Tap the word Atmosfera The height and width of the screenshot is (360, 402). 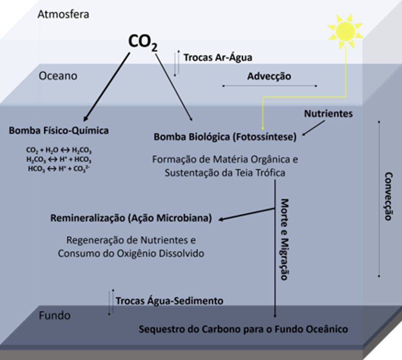point(64,14)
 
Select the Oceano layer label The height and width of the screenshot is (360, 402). point(58,76)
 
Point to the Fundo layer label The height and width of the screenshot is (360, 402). point(54,316)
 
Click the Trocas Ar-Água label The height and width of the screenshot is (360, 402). point(217,58)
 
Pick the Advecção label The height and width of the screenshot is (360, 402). point(269,77)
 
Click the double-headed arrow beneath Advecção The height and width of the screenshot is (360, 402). point(270,86)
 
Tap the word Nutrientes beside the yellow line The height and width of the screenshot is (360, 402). point(328,114)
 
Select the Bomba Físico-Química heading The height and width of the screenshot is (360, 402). point(59,131)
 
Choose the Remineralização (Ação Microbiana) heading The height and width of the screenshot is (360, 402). point(131,219)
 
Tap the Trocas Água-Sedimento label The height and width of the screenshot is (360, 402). point(169,301)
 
